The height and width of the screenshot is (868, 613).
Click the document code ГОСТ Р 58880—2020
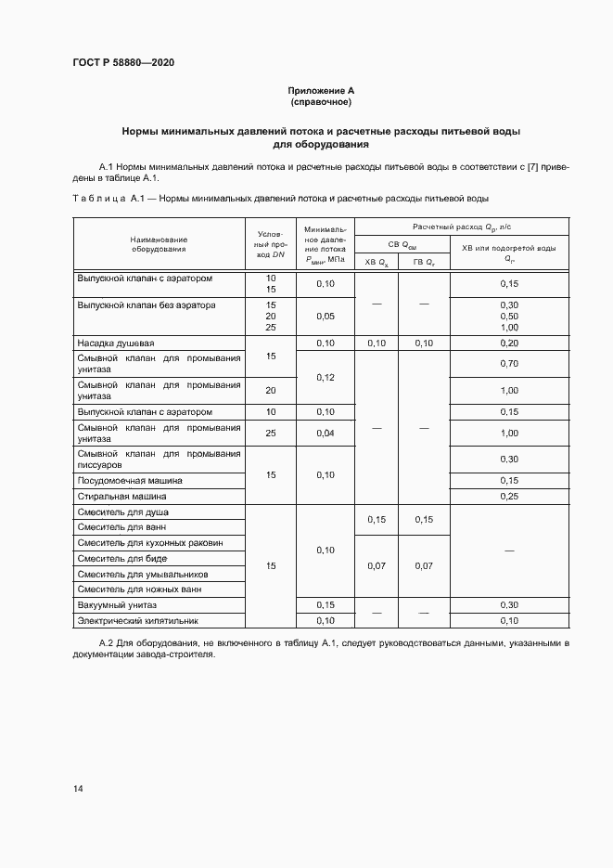pyautogui.click(x=123, y=62)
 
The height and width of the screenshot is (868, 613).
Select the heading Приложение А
pyautogui.click(x=321, y=90)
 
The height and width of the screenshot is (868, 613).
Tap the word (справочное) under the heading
pyautogui.click(x=321, y=101)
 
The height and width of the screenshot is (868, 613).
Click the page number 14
pyautogui.click(x=78, y=788)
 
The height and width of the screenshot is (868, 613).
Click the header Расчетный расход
pyautogui.click(x=462, y=227)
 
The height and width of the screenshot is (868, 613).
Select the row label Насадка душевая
pyautogui.click(x=116, y=343)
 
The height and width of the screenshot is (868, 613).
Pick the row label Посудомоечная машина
pyautogui.click(x=130, y=481)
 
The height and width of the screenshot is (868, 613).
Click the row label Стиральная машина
pyautogui.click(x=121, y=497)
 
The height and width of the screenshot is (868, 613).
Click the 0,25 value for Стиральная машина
pyautogui.click(x=508, y=497)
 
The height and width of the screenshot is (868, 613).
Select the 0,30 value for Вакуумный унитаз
pyautogui.click(x=508, y=605)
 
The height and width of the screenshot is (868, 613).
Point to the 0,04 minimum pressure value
pyautogui.click(x=325, y=433)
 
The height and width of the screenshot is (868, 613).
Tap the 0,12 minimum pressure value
pyautogui.click(x=325, y=378)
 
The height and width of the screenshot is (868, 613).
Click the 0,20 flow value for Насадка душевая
pyautogui.click(x=508, y=343)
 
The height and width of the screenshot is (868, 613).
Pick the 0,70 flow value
pyautogui.click(x=508, y=363)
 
